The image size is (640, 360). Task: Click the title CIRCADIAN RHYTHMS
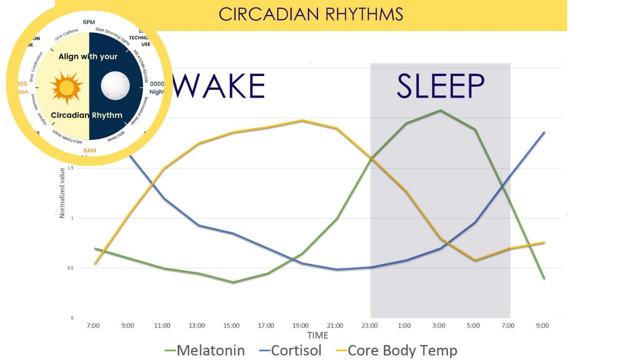(x=310, y=14)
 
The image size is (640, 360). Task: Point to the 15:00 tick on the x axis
(x=231, y=325)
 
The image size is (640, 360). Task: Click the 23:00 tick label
(x=370, y=325)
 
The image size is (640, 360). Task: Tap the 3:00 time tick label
(x=439, y=325)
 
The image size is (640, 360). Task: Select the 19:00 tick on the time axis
(x=301, y=325)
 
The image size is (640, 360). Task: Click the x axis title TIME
(x=317, y=335)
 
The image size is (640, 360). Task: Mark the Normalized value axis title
(x=62, y=192)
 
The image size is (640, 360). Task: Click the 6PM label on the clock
(x=89, y=22)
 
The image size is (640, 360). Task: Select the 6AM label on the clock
(x=89, y=150)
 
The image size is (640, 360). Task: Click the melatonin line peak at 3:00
(x=440, y=110)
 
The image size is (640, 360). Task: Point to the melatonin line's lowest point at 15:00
(x=232, y=282)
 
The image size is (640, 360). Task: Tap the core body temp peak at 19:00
(x=301, y=120)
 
